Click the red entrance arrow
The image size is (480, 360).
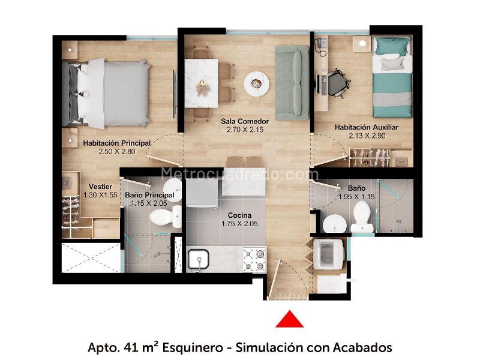[x=289, y=320]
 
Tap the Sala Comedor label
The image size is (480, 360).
[x=245, y=121]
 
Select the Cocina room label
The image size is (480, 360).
[x=239, y=215]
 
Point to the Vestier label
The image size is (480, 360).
[x=100, y=187]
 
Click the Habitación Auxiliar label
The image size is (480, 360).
[x=367, y=127]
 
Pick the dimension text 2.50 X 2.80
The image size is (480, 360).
[x=116, y=151]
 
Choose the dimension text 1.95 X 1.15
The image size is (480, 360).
[x=356, y=197]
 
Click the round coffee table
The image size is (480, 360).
[x=257, y=84]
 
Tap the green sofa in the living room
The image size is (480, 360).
[x=292, y=83]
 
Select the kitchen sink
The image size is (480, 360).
[x=199, y=259]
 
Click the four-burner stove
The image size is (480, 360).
[x=254, y=260]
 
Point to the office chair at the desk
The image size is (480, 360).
[x=338, y=83]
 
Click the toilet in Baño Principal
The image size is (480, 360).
[x=166, y=217]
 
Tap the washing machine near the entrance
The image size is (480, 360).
[x=328, y=254]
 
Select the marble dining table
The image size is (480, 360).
[x=202, y=83]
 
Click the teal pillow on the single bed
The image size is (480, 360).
[x=392, y=46]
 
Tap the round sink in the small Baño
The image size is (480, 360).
[x=335, y=224]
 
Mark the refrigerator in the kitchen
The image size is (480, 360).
[x=202, y=193]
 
